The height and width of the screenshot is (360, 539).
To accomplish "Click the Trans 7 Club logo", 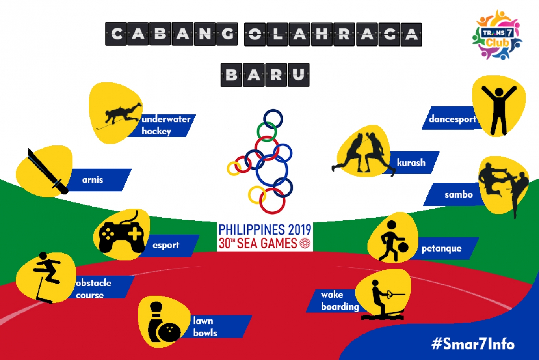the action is [497, 35].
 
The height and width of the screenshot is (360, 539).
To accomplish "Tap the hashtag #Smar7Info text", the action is [473, 343].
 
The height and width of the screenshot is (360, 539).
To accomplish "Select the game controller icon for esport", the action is [122, 232].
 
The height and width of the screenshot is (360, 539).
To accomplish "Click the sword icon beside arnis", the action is [48, 171].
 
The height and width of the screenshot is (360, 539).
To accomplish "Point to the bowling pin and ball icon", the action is [164, 322].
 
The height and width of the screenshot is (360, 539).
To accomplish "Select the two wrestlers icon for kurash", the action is [364, 154].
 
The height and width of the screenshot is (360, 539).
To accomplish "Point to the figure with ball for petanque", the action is [393, 241].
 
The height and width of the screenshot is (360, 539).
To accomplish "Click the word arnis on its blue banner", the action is [93, 180].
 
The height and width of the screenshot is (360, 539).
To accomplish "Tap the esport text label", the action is [166, 245].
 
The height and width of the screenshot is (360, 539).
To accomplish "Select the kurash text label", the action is [411, 163].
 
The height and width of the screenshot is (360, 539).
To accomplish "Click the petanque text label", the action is [442, 249].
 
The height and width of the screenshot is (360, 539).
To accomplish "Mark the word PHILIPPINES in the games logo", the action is [251, 229].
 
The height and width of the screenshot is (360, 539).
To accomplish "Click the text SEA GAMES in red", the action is [267, 243].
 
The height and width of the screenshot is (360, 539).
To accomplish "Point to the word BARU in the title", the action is [265, 75].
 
